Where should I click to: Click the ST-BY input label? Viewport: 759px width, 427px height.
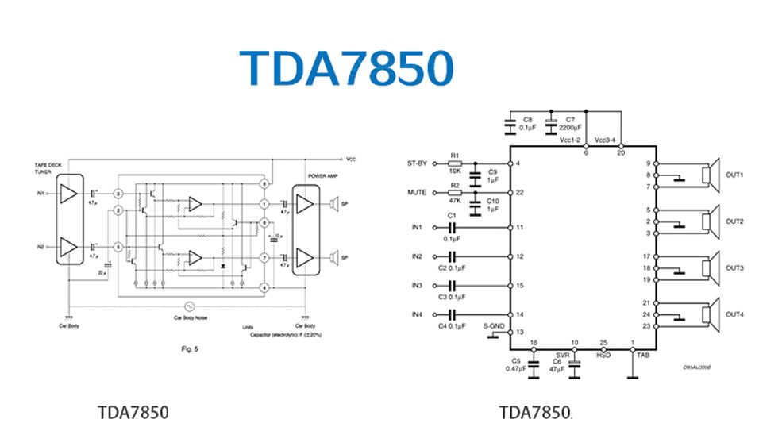[x=417, y=163]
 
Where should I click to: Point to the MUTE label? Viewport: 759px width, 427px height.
[x=418, y=192]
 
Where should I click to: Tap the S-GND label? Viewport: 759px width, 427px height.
[x=493, y=325]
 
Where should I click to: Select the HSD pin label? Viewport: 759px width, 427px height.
[x=603, y=355]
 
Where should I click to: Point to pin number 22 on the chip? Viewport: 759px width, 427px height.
[x=520, y=193]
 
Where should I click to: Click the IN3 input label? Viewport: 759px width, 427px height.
[x=418, y=285]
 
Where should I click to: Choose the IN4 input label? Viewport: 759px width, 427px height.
[x=418, y=314]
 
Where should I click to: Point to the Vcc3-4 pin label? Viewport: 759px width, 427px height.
[x=605, y=140]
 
